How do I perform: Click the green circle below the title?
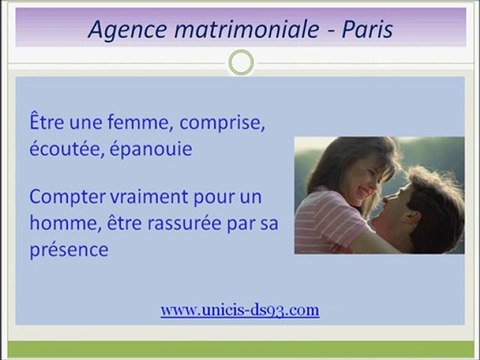click(240, 63)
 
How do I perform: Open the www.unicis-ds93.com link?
click(240, 310)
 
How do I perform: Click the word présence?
click(68, 248)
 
